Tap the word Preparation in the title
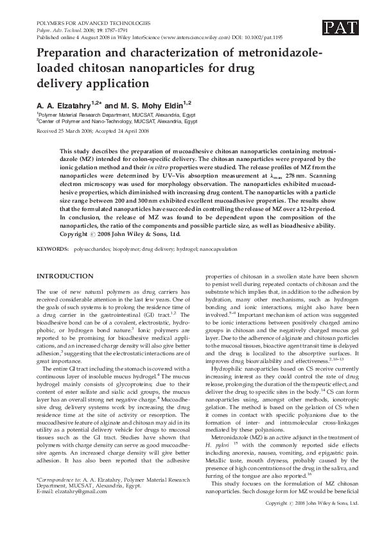[x=69, y=54]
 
